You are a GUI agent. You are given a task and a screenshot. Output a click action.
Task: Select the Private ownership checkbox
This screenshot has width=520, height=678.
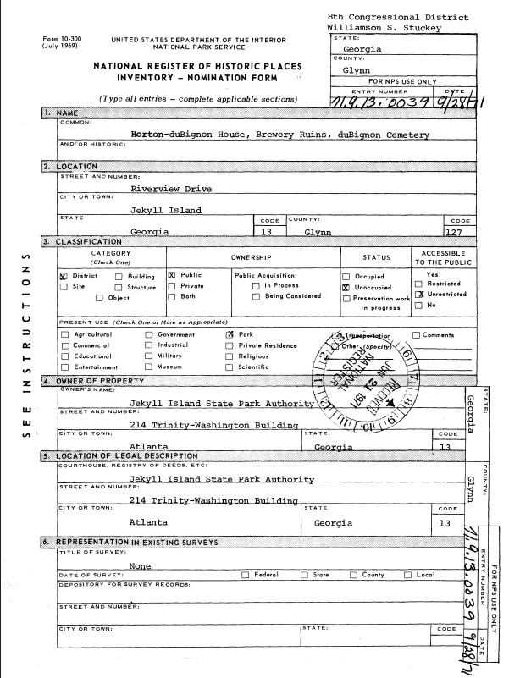click(x=172, y=287)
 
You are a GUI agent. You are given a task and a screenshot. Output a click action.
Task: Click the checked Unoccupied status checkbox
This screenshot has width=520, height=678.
click(x=346, y=288)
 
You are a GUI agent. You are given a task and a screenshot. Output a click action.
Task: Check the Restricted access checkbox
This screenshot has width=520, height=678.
click(x=419, y=284)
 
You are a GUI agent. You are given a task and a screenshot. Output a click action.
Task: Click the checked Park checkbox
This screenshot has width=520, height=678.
click(x=230, y=335)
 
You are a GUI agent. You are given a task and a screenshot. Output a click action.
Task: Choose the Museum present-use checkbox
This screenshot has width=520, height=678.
click(x=148, y=367)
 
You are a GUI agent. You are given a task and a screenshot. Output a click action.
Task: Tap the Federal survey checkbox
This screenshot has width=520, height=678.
click(x=246, y=576)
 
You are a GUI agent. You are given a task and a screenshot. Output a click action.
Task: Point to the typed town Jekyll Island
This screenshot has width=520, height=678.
click(x=166, y=210)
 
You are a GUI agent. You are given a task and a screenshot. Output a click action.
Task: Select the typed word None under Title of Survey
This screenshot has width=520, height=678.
click(x=141, y=565)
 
